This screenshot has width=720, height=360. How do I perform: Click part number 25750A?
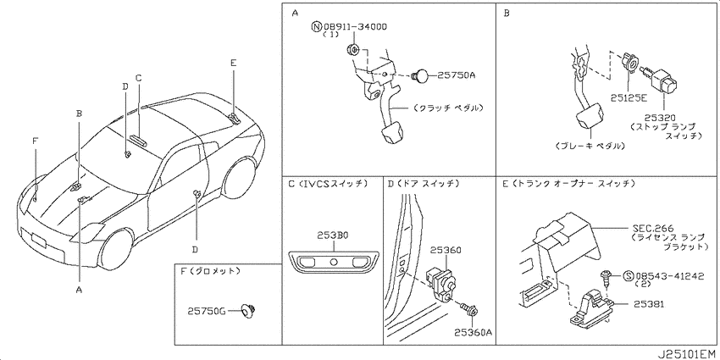[x=456, y=75]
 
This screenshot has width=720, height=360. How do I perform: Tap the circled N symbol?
[x=316, y=27]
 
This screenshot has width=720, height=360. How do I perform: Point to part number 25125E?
[x=629, y=97]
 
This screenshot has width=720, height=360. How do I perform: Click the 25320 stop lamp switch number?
[x=663, y=118]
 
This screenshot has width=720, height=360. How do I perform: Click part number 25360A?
[x=474, y=332]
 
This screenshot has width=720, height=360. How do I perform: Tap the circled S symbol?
[x=628, y=276]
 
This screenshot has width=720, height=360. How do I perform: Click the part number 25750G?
[x=206, y=311]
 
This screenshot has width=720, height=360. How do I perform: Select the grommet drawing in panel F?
[x=249, y=311]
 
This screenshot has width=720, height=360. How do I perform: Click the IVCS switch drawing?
[x=333, y=263]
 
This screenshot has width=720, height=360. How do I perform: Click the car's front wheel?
[x=116, y=249]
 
